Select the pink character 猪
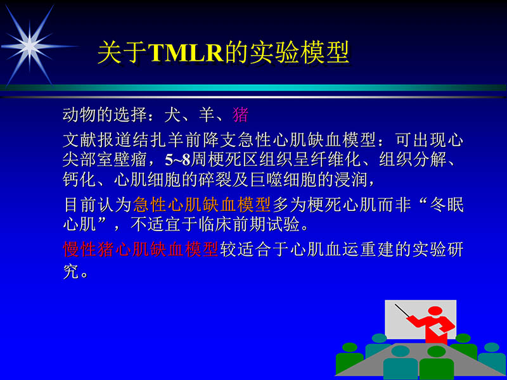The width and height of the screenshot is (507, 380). tap(240, 115)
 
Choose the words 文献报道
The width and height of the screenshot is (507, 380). tap(95, 138)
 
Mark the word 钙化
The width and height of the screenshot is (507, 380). tap(79, 179)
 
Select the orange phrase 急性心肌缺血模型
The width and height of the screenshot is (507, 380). tap(202, 205)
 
